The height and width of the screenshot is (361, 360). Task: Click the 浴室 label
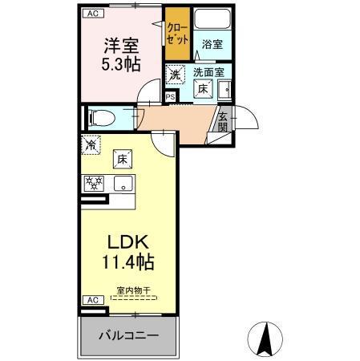212,45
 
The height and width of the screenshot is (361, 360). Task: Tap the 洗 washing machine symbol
174,75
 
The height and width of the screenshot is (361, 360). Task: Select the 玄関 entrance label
222,121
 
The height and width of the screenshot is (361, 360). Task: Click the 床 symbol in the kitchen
123,158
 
